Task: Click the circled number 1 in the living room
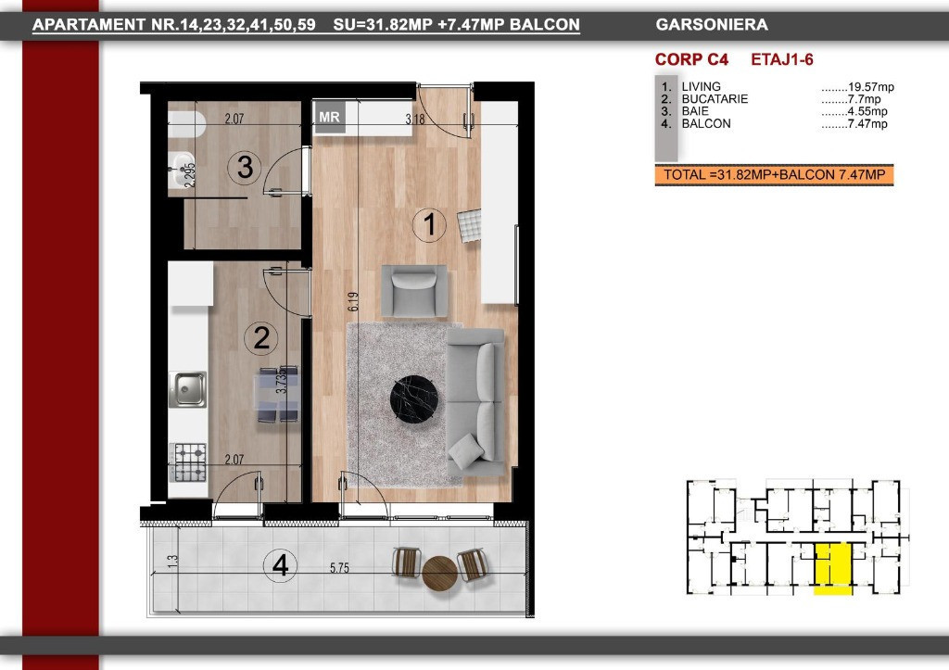point(429,224)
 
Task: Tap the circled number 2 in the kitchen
point(260,337)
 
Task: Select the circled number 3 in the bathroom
point(245,167)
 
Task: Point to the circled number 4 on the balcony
point(280,566)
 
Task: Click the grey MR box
point(329,117)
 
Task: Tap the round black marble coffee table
point(418,398)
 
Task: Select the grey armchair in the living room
point(414,290)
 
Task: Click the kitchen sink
point(187,389)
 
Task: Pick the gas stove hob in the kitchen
point(189,462)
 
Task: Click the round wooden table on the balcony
point(439,574)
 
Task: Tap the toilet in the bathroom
point(186,125)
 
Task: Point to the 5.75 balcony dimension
point(339,568)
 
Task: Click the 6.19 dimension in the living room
point(353,301)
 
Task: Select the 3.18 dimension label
point(415,120)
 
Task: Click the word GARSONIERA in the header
point(712,25)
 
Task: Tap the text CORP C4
point(691,59)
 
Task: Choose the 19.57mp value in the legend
point(870,87)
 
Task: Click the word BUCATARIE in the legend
point(715,99)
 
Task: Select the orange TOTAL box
point(774,175)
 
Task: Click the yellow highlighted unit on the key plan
point(832,567)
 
